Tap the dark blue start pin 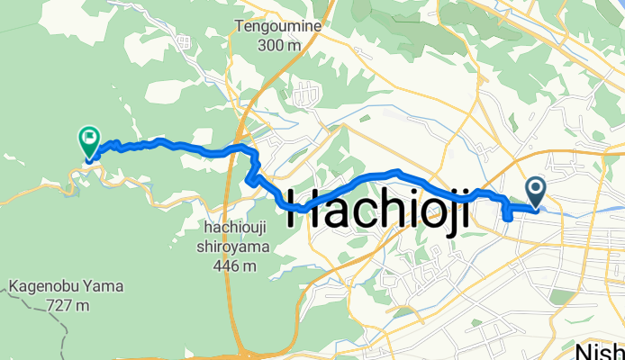[x=536, y=192]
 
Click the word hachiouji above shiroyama [x=231, y=235]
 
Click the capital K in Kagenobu [x=15, y=290]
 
